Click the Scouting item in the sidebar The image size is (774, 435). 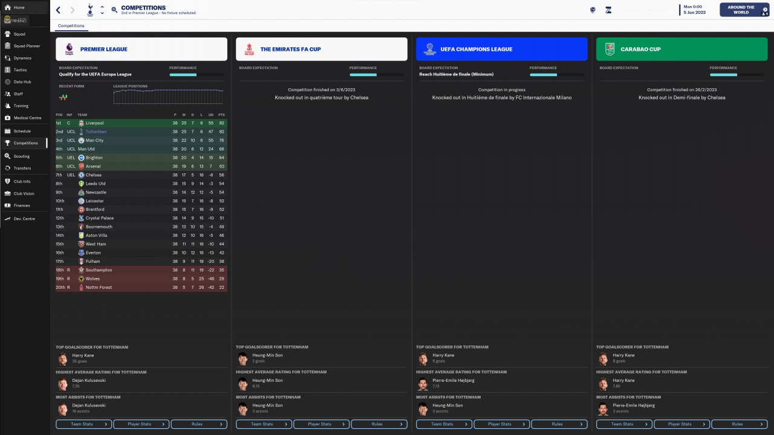[x=22, y=156]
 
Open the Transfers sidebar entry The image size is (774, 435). [x=22, y=168]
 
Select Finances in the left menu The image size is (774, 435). [x=22, y=205]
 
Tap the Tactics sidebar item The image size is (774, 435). [x=20, y=70]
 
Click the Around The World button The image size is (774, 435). [x=741, y=10]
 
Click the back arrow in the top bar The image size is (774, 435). [x=58, y=10]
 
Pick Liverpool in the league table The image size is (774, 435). [x=95, y=123]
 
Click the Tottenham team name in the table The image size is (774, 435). [x=96, y=132]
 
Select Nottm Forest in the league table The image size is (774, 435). [x=99, y=288]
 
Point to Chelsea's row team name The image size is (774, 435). [x=94, y=175]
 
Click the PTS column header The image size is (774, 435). [x=221, y=115]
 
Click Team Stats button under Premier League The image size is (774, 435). [x=83, y=424]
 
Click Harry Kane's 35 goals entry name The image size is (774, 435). [x=82, y=355]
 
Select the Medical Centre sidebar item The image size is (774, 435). [x=27, y=118]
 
